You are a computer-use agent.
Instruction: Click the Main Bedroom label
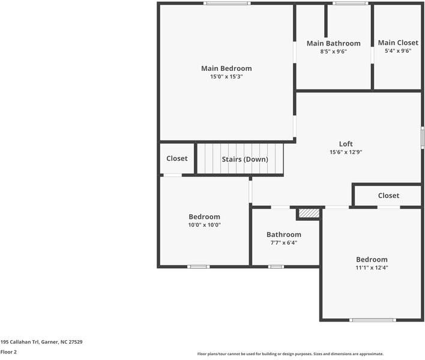(226, 68)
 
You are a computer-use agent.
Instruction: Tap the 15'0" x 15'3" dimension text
(226, 76)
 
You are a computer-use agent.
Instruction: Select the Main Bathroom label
(333, 43)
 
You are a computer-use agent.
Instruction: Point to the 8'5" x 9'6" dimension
(333, 51)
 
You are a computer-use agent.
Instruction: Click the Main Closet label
(398, 43)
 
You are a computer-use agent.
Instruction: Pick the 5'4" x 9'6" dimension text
(398, 50)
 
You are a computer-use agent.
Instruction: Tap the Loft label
(346, 144)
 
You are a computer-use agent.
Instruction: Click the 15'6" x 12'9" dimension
(346, 152)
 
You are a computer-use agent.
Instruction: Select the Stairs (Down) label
(245, 159)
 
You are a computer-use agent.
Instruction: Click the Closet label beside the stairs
(176, 158)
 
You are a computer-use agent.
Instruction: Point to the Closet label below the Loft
(388, 196)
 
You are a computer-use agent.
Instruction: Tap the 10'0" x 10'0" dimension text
(204, 225)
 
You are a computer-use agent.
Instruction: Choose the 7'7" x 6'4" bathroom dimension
(284, 243)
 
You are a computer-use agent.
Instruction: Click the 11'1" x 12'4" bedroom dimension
(372, 268)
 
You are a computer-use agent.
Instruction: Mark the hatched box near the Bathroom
(309, 213)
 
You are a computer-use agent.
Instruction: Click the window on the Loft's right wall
(422, 137)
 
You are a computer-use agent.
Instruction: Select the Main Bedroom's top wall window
(227, 3)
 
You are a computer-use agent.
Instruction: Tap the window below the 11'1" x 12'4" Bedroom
(373, 320)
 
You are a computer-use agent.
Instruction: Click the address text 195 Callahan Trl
(20, 342)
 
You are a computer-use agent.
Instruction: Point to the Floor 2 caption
(8, 352)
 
